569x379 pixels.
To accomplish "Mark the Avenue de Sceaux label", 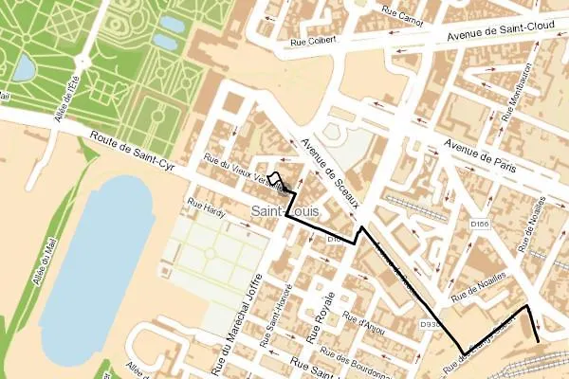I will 326,160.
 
